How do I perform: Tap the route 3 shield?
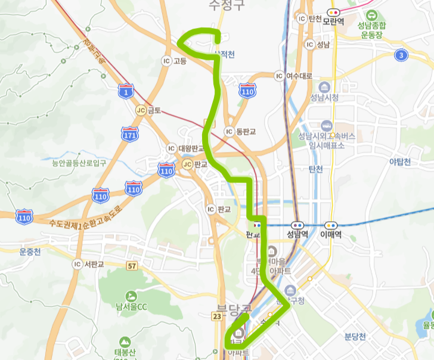[x=401, y=55]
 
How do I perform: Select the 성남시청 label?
[x=324, y=97]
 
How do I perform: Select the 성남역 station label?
[x=297, y=235]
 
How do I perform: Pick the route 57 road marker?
[x=131, y=265]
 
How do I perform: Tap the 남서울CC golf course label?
[x=131, y=307]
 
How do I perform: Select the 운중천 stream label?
[x=30, y=252]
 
